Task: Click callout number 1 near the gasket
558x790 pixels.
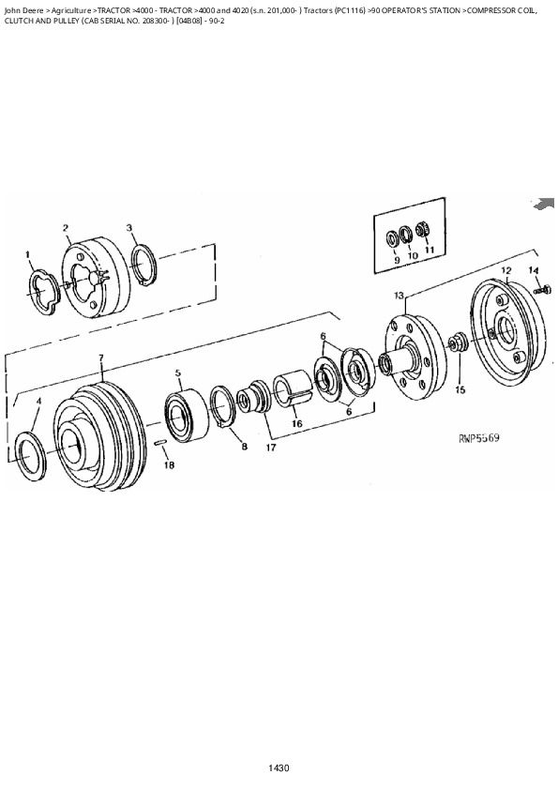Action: pos(28,253)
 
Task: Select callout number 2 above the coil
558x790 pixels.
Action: pos(66,228)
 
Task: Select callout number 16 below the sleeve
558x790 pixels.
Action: pos(295,423)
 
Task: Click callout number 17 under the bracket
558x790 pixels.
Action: pos(271,448)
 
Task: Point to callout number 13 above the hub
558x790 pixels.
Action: pos(399,296)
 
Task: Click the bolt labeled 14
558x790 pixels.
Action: pos(540,291)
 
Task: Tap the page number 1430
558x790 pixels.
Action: pos(278,768)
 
